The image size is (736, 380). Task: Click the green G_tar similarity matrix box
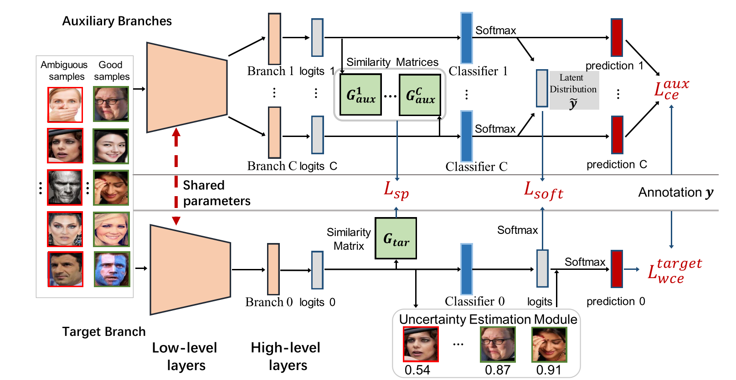click(x=396, y=238)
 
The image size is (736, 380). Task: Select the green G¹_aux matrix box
click(x=360, y=95)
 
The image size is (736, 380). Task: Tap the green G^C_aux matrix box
click(x=420, y=95)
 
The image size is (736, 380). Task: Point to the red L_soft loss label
click(x=543, y=190)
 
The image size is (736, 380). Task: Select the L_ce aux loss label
click(x=671, y=89)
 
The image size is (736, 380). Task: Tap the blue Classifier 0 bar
click(x=466, y=269)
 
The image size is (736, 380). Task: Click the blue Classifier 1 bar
click(x=466, y=38)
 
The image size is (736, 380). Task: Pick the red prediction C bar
click(x=617, y=135)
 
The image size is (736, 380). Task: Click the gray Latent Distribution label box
click(x=574, y=90)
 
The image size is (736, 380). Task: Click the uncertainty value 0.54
click(x=417, y=370)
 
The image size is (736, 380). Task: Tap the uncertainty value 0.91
click(x=548, y=370)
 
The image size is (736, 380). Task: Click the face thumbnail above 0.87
click(x=498, y=345)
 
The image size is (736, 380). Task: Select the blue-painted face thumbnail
click(x=112, y=269)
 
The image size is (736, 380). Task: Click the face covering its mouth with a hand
click(x=65, y=105)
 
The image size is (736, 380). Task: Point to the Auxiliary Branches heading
click(x=117, y=21)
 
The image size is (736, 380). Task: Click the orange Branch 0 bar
click(x=273, y=269)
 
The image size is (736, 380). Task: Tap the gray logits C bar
click(x=317, y=135)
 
